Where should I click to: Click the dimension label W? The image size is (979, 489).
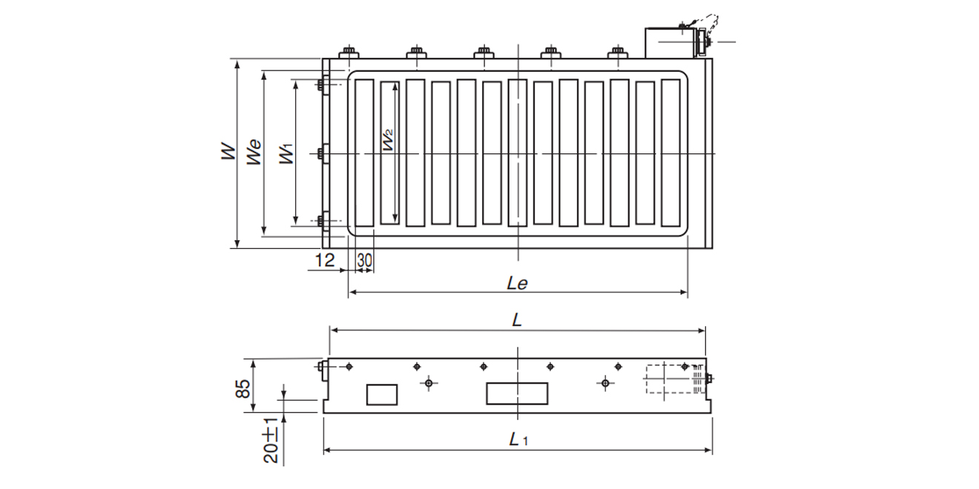228,151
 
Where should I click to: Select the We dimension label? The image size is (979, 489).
254,152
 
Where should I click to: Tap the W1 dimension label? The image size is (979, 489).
287,153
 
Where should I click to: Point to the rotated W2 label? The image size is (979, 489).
388,140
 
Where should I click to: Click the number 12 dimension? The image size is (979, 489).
325,260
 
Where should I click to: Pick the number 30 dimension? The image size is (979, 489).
364,260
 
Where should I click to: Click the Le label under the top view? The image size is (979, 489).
518,283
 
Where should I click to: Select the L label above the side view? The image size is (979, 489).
517,321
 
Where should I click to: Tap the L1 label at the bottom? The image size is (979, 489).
518,439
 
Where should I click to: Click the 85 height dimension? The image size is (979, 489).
243,388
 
